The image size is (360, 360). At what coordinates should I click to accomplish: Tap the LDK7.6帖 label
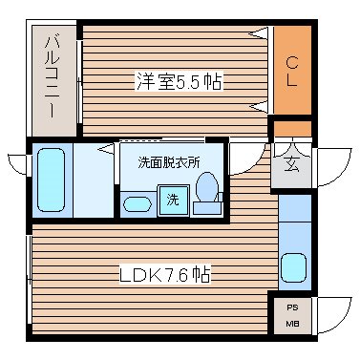pyautogui.click(x=164, y=275)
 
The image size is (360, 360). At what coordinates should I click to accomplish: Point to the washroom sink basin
pyautogui.click(x=138, y=202)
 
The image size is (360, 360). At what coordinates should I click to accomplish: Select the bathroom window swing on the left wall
pyautogui.click(x=17, y=163)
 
